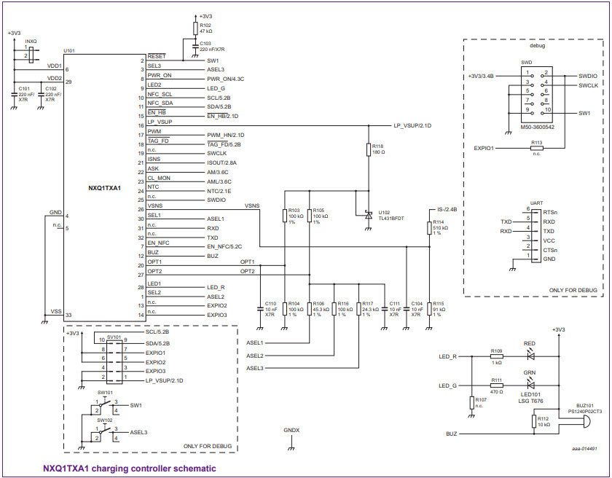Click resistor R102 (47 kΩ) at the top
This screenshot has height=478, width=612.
pos(195,28)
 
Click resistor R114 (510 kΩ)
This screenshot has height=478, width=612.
pos(429,228)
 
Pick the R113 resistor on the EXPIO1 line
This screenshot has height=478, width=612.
pos(536,148)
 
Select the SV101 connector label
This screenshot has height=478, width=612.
pos(113,337)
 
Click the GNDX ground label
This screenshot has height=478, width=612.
pos(291,430)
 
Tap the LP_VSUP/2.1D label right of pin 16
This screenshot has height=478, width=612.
pos(412,125)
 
